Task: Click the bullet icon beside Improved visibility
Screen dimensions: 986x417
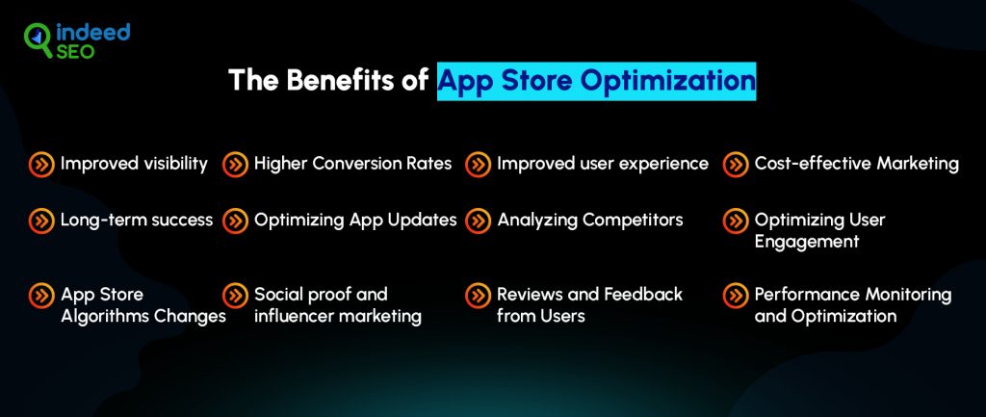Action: pos(40,165)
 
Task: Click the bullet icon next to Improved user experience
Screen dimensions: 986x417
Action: pos(478,165)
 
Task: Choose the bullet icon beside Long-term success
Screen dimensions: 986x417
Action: pos(40,221)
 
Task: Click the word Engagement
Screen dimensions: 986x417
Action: pos(807,242)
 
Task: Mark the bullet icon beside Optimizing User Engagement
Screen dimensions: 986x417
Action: pos(735,221)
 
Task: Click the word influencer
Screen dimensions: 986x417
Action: pos(292,316)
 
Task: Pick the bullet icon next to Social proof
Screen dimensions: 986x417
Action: pos(235,295)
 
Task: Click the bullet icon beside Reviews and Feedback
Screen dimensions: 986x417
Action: pos(478,295)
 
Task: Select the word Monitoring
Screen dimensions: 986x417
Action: pos(907,295)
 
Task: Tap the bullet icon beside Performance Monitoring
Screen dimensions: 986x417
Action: pos(735,295)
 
